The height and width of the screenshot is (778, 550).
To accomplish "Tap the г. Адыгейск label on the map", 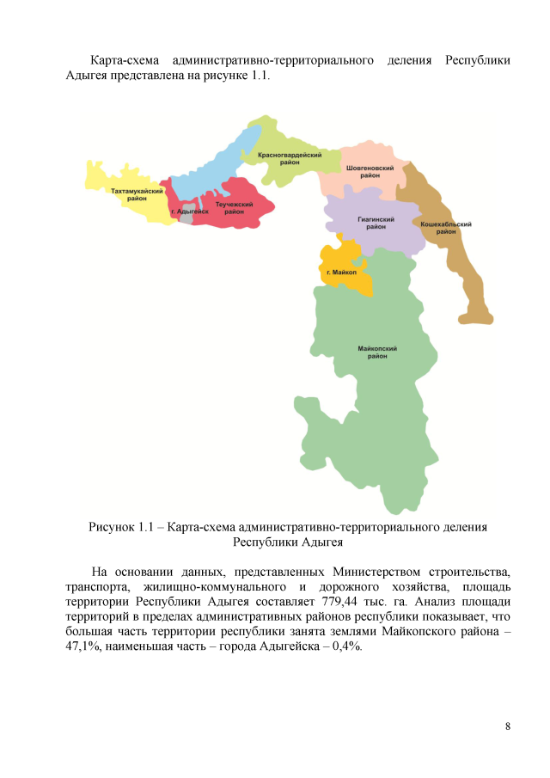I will [189, 211].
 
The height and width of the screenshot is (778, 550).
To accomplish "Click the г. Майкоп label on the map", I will [341, 273].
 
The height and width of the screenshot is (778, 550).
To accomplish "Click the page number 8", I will [508, 727].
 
